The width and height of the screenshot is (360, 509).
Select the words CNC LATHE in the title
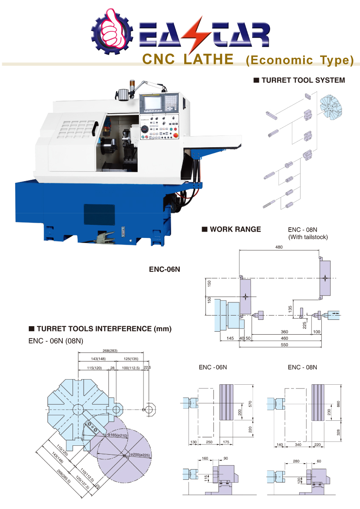(188, 59)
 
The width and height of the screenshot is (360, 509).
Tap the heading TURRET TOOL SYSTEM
(303, 80)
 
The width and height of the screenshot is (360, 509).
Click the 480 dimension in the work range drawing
(279, 247)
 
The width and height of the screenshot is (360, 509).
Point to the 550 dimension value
(284, 345)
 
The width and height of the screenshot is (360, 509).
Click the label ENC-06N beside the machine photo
(165, 268)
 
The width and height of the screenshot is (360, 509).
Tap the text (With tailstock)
(308, 237)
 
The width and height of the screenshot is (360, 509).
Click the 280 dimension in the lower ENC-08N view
(296, 461)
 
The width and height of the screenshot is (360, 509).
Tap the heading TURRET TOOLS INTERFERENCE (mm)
(104, 328)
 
